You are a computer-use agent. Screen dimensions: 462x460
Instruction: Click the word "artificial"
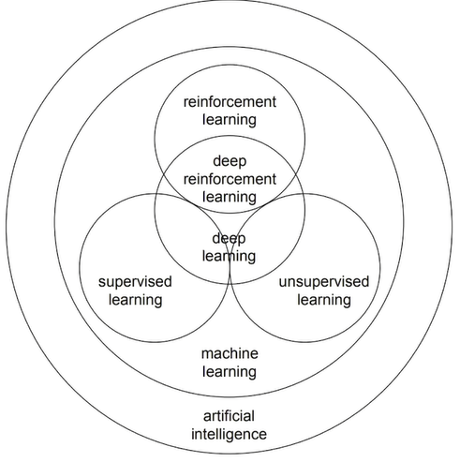230,416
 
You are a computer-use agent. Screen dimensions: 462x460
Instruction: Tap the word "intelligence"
230,434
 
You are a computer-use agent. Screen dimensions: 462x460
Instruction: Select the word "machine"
230,353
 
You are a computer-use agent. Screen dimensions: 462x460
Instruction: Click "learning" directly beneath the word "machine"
230,371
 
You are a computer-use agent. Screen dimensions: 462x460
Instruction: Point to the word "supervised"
130,282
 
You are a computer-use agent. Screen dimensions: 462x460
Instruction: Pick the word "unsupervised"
324,282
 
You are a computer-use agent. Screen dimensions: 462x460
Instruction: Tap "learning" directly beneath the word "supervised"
130,300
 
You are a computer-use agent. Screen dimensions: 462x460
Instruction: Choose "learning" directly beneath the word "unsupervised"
324,300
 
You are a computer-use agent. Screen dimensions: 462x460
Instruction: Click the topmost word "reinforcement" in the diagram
230,102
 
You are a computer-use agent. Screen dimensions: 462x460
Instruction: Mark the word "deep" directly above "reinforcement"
230,161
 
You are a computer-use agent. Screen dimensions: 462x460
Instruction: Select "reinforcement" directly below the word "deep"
230,179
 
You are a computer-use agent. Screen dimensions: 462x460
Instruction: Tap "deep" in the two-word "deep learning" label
230,238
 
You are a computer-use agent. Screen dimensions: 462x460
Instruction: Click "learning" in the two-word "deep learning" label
230,256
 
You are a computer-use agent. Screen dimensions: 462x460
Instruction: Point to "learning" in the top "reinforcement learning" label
230,120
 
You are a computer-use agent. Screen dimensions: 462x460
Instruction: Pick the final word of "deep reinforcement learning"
230,197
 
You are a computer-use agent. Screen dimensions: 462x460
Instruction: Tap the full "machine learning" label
230,363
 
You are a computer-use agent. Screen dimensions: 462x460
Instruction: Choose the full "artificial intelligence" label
230,425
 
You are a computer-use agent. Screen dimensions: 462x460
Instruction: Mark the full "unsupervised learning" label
324,291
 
